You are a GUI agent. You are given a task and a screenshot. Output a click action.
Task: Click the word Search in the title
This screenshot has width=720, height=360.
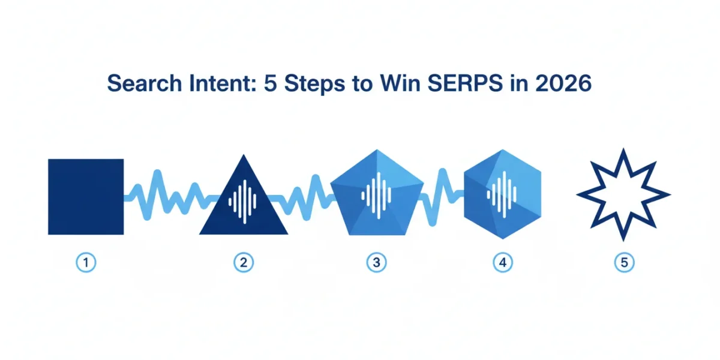click(x=145, y=83)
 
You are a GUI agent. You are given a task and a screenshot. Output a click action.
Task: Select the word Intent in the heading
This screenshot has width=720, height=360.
click(x=223, y=83)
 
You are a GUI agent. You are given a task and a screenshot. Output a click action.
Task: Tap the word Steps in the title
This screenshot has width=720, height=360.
click(x=315, y=84)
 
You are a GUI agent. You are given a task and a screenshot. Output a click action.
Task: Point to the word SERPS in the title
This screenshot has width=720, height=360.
click(x=465, y=83)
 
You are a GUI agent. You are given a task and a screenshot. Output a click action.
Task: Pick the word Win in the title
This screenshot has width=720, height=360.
click(x=400, y=83)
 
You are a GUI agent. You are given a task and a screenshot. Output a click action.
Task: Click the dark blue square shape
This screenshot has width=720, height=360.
click(x=86, y=197)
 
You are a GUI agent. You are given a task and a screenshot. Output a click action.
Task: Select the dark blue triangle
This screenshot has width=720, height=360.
click(x=244, y=206)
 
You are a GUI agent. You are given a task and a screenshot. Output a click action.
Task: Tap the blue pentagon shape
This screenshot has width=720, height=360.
click(x=377, y=193)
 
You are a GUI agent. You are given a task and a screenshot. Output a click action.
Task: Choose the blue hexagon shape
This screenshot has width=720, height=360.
click(x=503, y=194)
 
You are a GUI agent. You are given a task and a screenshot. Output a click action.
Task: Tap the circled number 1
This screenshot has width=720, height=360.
click(x=86, y=263)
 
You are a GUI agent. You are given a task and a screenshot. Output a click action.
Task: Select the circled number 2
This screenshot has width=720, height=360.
click(x=244, y=263)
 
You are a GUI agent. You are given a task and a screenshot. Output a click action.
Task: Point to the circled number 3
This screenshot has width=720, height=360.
click(x=376, y=263)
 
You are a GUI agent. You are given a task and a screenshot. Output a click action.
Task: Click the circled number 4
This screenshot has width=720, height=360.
click(x=503, y=263)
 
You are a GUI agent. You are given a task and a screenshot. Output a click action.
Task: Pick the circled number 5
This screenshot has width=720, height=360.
click(x=624, y=263)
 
